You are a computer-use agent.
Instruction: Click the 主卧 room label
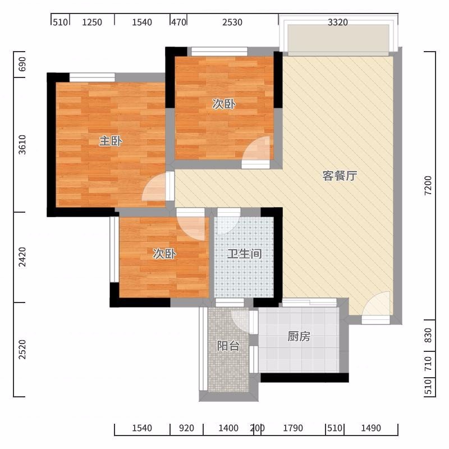(111, 141)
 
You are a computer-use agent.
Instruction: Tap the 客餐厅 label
(340, 176)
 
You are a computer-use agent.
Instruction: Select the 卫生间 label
(244, 254)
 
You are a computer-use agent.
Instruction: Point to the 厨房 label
(299, 336)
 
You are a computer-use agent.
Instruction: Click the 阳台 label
(228, 346)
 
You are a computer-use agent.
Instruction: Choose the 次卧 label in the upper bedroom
(223, 104)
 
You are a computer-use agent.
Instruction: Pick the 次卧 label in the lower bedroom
(164, 254)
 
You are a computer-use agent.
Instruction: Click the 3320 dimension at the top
(338, 22)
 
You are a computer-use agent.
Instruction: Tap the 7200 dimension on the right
(428, 186)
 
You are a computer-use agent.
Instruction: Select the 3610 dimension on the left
(22, 145)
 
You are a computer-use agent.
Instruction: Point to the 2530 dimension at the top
(232, 22)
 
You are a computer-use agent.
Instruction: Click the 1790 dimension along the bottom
(293, 428)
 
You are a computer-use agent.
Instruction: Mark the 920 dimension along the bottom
(186, 428)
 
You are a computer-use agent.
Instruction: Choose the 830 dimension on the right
(428, 335)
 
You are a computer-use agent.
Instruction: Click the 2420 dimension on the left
(22, 257)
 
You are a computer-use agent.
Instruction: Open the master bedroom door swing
(154, 186)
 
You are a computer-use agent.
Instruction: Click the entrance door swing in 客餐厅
(376, 304)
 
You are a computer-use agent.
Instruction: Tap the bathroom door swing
(228, 221)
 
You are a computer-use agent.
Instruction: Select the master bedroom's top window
(92, 77)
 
